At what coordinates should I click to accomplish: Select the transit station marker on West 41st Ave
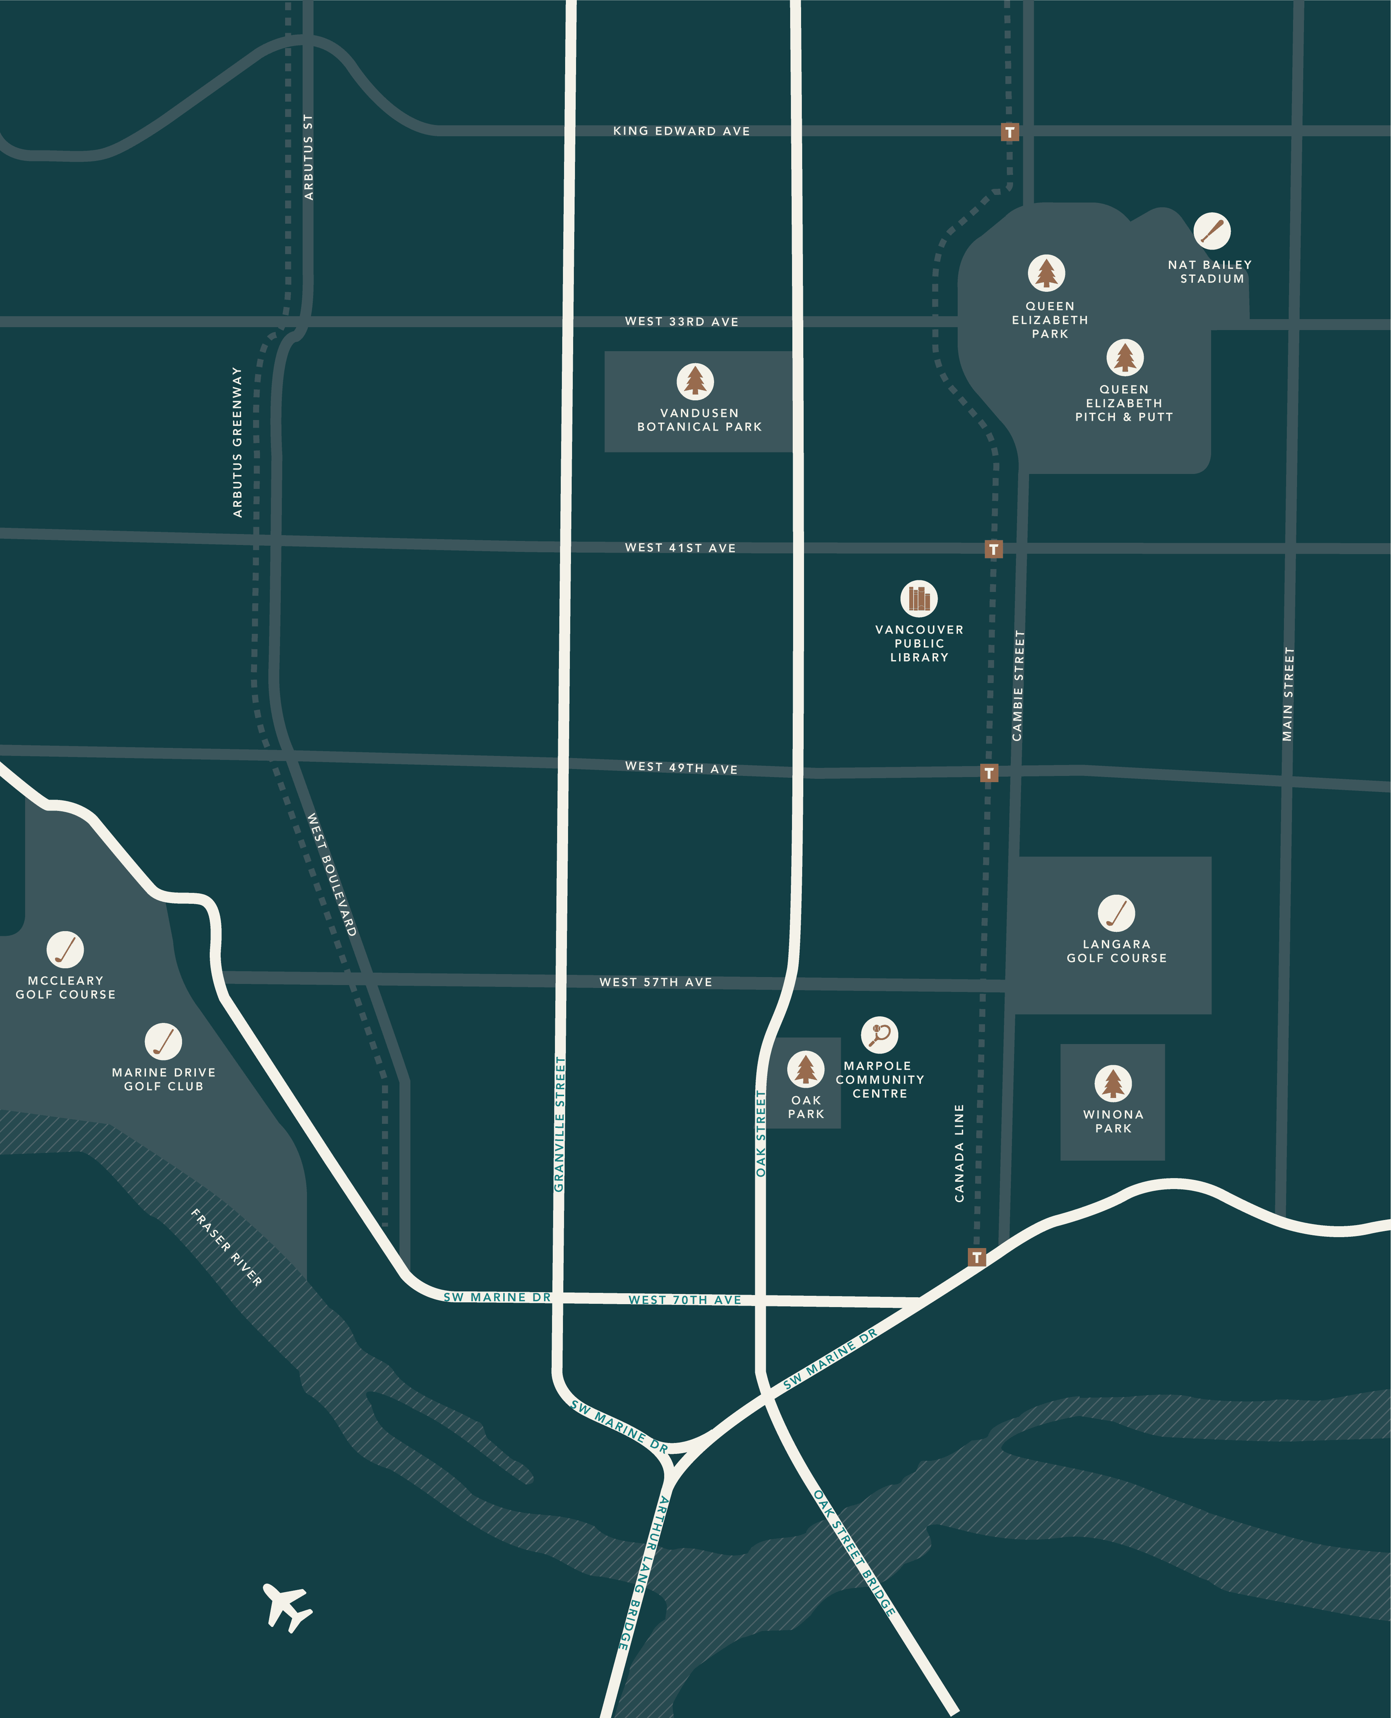coord(994,549)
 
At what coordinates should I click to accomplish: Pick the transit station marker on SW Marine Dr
coord(976,1257)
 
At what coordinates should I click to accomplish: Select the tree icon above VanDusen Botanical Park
coord(695,381)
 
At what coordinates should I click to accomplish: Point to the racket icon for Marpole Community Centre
coord(880,1034)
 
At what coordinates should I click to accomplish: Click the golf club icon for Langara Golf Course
coord(1116,913)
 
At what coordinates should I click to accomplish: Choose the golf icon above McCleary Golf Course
coord(65,949)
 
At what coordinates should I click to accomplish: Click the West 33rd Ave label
coord(682,321)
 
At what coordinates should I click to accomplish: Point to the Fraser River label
coord(227,1247)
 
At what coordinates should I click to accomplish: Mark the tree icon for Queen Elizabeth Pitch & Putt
coord(1125,357)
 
